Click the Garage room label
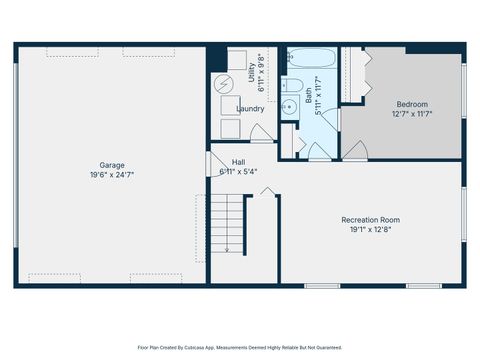pyautogui.click(x=111, y=165)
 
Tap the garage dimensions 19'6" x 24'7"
pyautogui.click(x=111, y=175)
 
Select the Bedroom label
pyautogui.click(x=411, y=104)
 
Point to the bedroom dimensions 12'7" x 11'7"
pyautogui.click(x=411, y=114)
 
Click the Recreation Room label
pyautogui.click(x=370, y=220)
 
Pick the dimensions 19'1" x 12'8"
pyautogui.click(x=370, y=230)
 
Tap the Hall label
pyautogui.click(x=238, y=162)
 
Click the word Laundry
pyautogui.click(x=250, y=109)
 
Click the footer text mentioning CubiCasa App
pyautogui.click(x=240, y=347)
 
